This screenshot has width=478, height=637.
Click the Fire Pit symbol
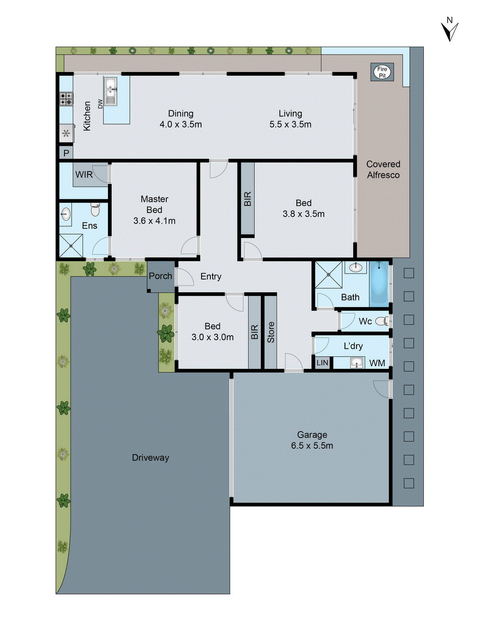382,72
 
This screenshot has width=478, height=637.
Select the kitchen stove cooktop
66,99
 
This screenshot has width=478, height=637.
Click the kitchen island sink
110,91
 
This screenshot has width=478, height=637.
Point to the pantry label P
66,153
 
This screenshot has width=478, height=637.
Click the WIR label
84,174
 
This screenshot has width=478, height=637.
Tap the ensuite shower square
71,246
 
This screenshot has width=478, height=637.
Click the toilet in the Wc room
382,321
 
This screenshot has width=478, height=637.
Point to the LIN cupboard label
322,363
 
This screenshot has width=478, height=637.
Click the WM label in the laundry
377,363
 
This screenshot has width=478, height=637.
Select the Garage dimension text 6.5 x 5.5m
312,446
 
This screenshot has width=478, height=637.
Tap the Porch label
160,276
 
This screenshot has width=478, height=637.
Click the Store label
271,332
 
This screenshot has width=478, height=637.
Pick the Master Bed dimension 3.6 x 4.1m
154,221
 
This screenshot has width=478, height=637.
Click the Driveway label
150,457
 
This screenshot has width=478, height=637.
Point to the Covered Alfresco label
383,170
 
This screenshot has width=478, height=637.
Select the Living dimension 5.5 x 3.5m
290,124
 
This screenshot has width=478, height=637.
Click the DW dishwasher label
100,104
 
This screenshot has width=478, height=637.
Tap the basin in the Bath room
355,267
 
